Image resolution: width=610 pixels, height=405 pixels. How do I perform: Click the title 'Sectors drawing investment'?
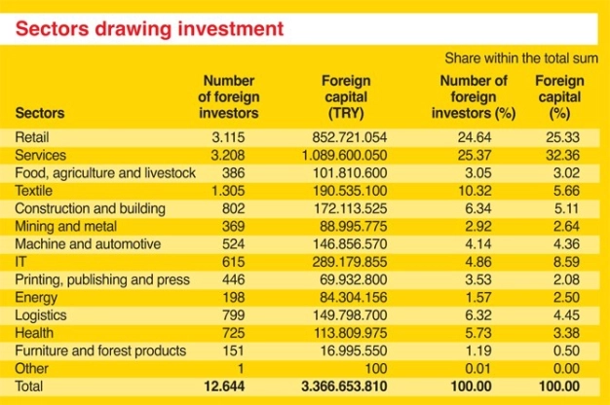pyautogui.click(x=149, y=28)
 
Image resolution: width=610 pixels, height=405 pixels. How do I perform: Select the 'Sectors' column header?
pyautogui.click(x=41, y=114)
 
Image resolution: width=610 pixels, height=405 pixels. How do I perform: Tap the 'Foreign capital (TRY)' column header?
pyautogui.click(x=346, y=97)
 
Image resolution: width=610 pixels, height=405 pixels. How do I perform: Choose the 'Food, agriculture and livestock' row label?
pyautogui.click(x=105, y=172)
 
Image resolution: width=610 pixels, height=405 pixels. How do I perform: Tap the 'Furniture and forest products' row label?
pyautogui.click(x=99, y=350)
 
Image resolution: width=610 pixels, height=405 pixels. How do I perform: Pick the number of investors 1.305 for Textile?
pyautogui.click(x=240, y=191)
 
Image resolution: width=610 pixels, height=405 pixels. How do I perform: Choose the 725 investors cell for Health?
pyautogui.click(x=245, y=333)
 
